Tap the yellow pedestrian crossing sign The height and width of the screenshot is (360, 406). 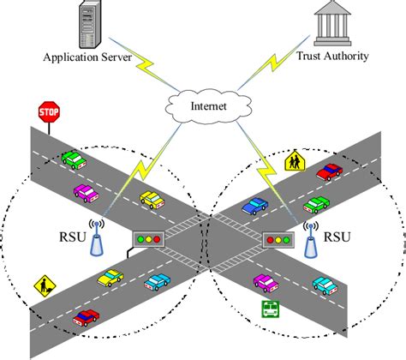[x=294, y=159]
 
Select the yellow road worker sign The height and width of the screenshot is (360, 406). [x=42, y=284]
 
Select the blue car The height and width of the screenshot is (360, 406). [x=255, y=206]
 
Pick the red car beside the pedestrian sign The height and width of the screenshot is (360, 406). [x=329, y=172]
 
